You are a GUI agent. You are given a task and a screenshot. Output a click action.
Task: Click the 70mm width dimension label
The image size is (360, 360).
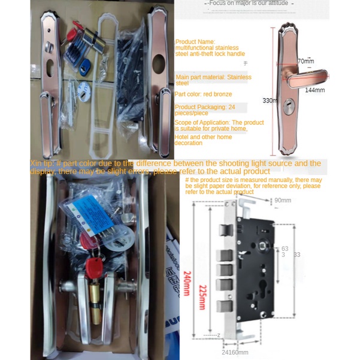305,61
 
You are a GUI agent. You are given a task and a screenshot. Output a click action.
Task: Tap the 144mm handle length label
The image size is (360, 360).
314,90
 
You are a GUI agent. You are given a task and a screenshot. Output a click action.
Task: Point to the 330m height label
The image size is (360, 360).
270,101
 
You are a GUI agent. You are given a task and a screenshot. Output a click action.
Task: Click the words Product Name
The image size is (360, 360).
189,41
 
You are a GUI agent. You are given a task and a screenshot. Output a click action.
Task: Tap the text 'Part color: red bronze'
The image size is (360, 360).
204,94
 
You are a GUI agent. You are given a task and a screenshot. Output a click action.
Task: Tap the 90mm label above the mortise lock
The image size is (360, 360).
282,200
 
